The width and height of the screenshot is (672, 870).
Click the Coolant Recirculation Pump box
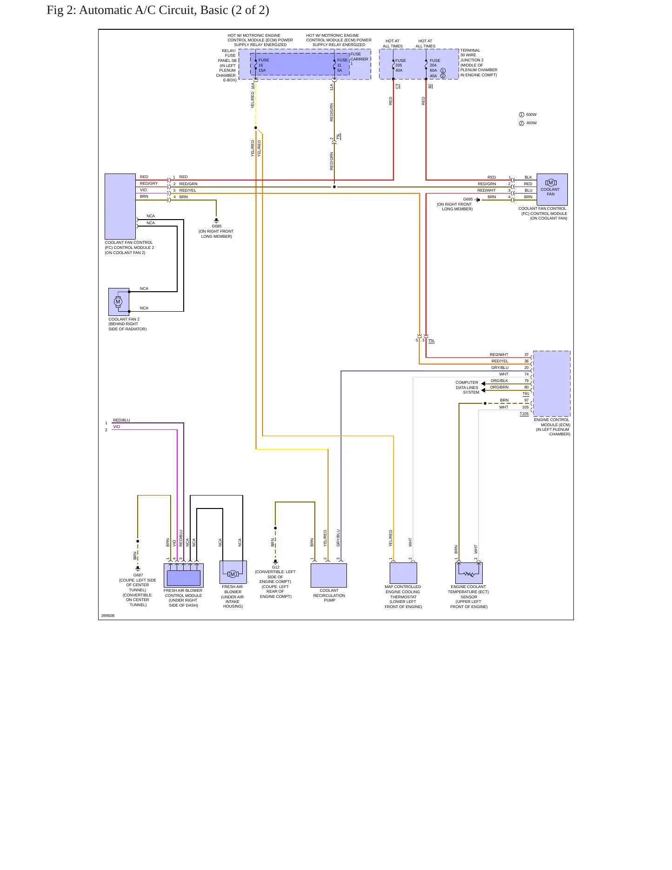point(329,576)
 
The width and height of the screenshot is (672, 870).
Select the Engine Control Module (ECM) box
point(552,384)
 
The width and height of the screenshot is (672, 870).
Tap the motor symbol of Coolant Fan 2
point(118,301)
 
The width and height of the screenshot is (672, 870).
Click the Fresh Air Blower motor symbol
point(233,574)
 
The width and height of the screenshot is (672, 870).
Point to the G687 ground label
point(138,575)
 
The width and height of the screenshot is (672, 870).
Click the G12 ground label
point(276,567)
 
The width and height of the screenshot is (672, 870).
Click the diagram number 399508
point(108,616)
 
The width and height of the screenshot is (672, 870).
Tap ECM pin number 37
point(526,355)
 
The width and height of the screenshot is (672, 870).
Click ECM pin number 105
point(526,407)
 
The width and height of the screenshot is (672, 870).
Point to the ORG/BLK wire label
point(499,381)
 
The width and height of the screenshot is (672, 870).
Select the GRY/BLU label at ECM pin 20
point(500,368)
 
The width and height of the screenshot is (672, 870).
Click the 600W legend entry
point(528,114)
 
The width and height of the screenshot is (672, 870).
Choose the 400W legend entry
point(528,123)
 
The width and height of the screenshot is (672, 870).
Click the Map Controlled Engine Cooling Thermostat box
point(403,573)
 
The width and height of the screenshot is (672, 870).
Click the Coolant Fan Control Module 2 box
point(120,207)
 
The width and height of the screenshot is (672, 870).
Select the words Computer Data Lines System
point(467,388)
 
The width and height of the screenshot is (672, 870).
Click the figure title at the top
point(158,10)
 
